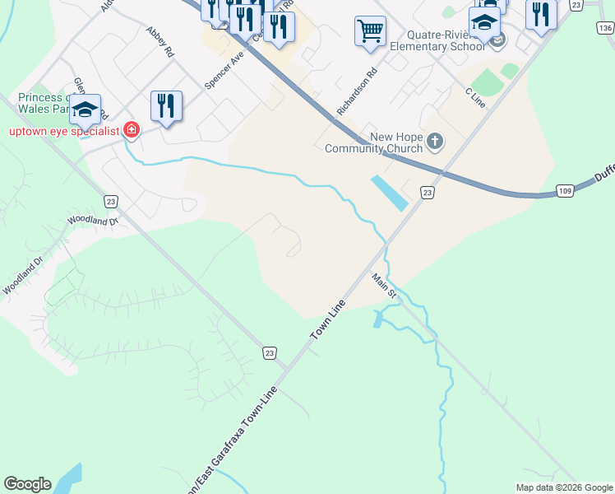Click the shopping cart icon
(x=370, y=31)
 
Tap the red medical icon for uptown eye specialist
(x=130, y=129)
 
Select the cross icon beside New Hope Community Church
(x=435, y=142)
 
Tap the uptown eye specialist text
(x=63, y=130)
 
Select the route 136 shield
(x=604, y=28)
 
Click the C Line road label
(x=475, y=96)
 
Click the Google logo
(x=27, y=484)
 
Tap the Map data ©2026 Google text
(x=564, y=487)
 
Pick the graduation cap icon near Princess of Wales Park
(x=84, y=109)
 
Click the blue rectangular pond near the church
(x=388, y=192)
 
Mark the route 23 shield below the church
(x=427, y=192)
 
